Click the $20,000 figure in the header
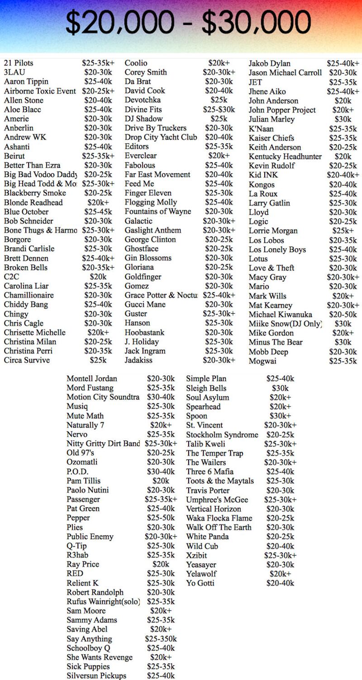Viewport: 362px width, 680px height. (x=119, y=22)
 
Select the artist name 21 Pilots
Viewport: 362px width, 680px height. (x=19, y=63)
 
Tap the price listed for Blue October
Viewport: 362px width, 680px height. (x=98, y=212)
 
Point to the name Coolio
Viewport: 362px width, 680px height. (x=136, y=63)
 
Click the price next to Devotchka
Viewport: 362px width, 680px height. (x=219, y=100)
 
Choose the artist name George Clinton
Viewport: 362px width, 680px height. (x=150, y=240)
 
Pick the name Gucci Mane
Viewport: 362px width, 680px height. (x=145, y=304)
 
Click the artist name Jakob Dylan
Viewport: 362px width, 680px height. (x=270, y=63)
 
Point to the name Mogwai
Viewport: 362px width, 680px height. (x=262, y=361)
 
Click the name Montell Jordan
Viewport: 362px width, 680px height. (x=92, y=379)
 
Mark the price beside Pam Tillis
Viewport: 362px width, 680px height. (x=161, y=481)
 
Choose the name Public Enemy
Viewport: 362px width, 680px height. (x=90, y=537)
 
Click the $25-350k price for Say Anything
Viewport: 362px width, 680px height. (x=161, y=639)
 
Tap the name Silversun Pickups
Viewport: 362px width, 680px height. (x=96, y=676)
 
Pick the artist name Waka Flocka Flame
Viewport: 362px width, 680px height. (x=219, y=518)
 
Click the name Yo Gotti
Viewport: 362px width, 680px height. (x=200, y=583)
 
